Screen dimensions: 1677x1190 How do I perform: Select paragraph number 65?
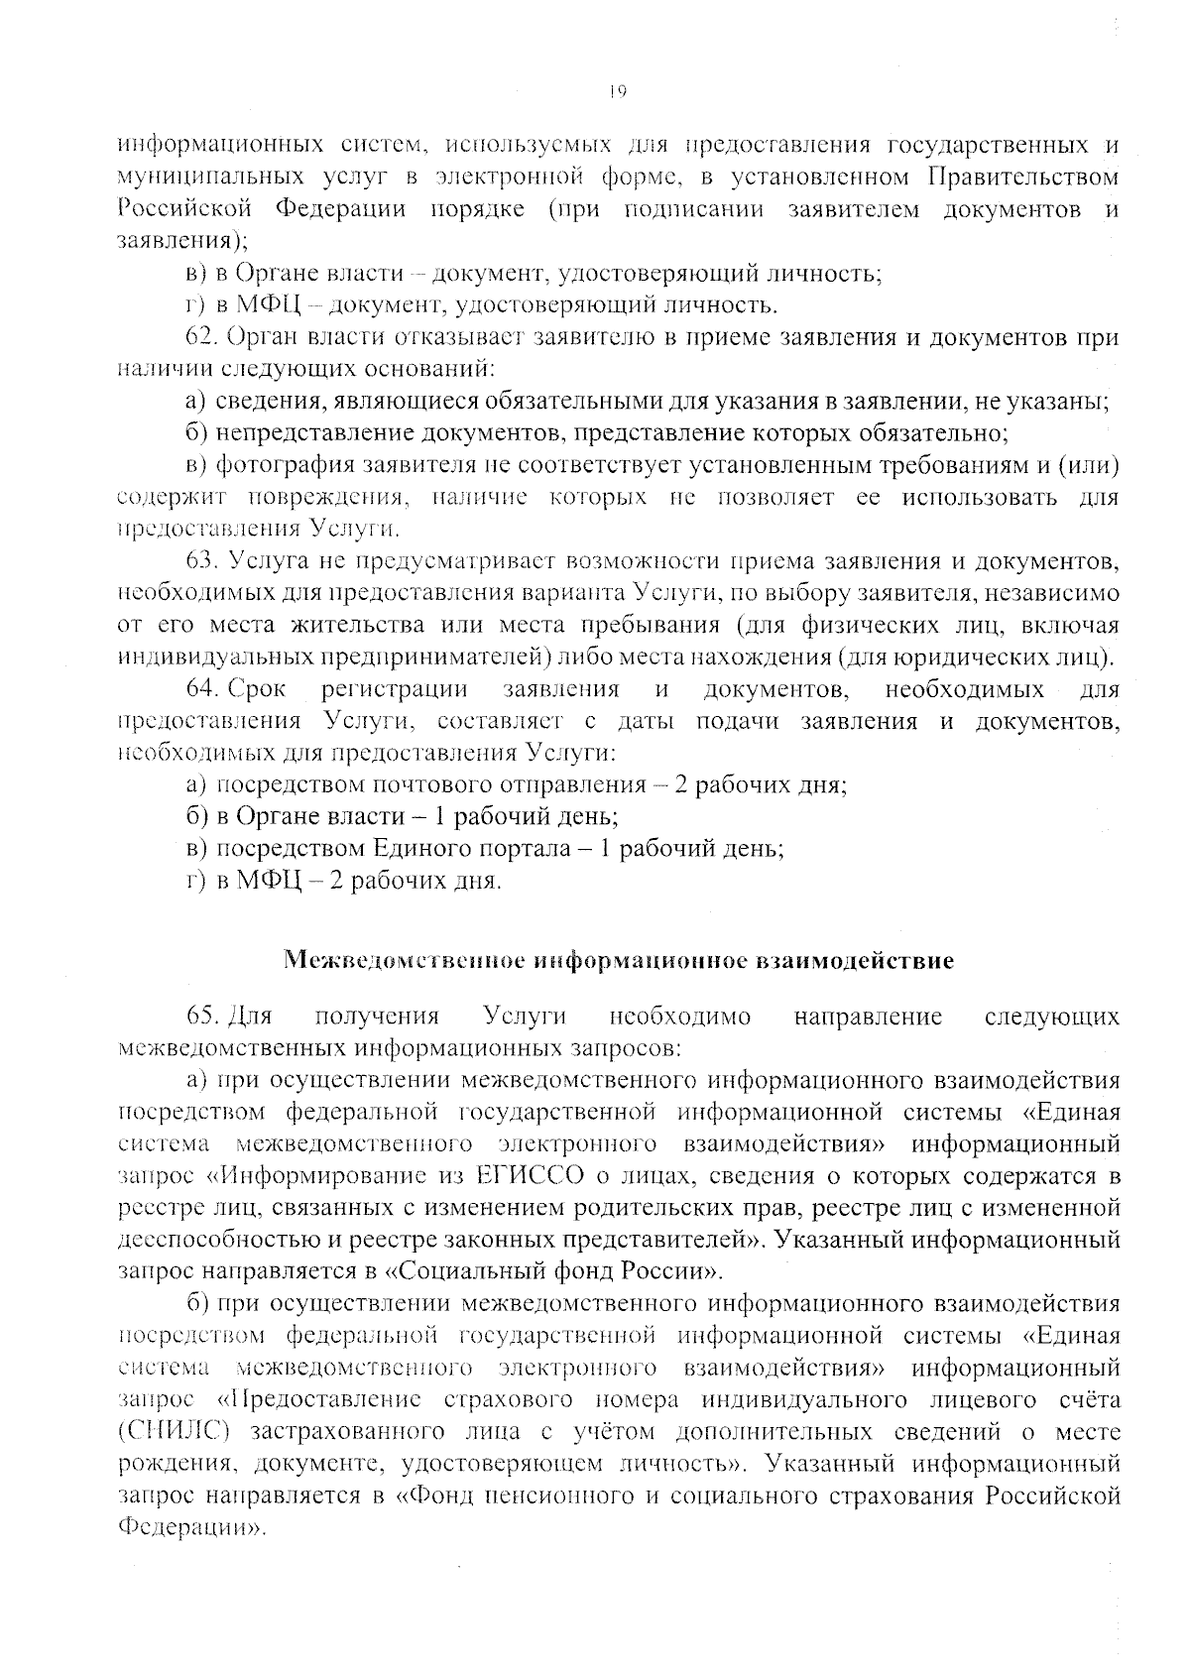click(202, 1017)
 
